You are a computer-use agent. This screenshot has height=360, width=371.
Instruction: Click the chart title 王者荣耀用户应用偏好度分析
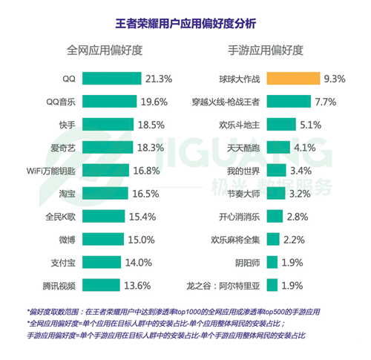point(185,23)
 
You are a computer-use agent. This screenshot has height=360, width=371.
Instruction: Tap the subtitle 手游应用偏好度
point(266,51)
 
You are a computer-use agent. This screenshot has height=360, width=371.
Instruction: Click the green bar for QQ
point(112,78)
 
